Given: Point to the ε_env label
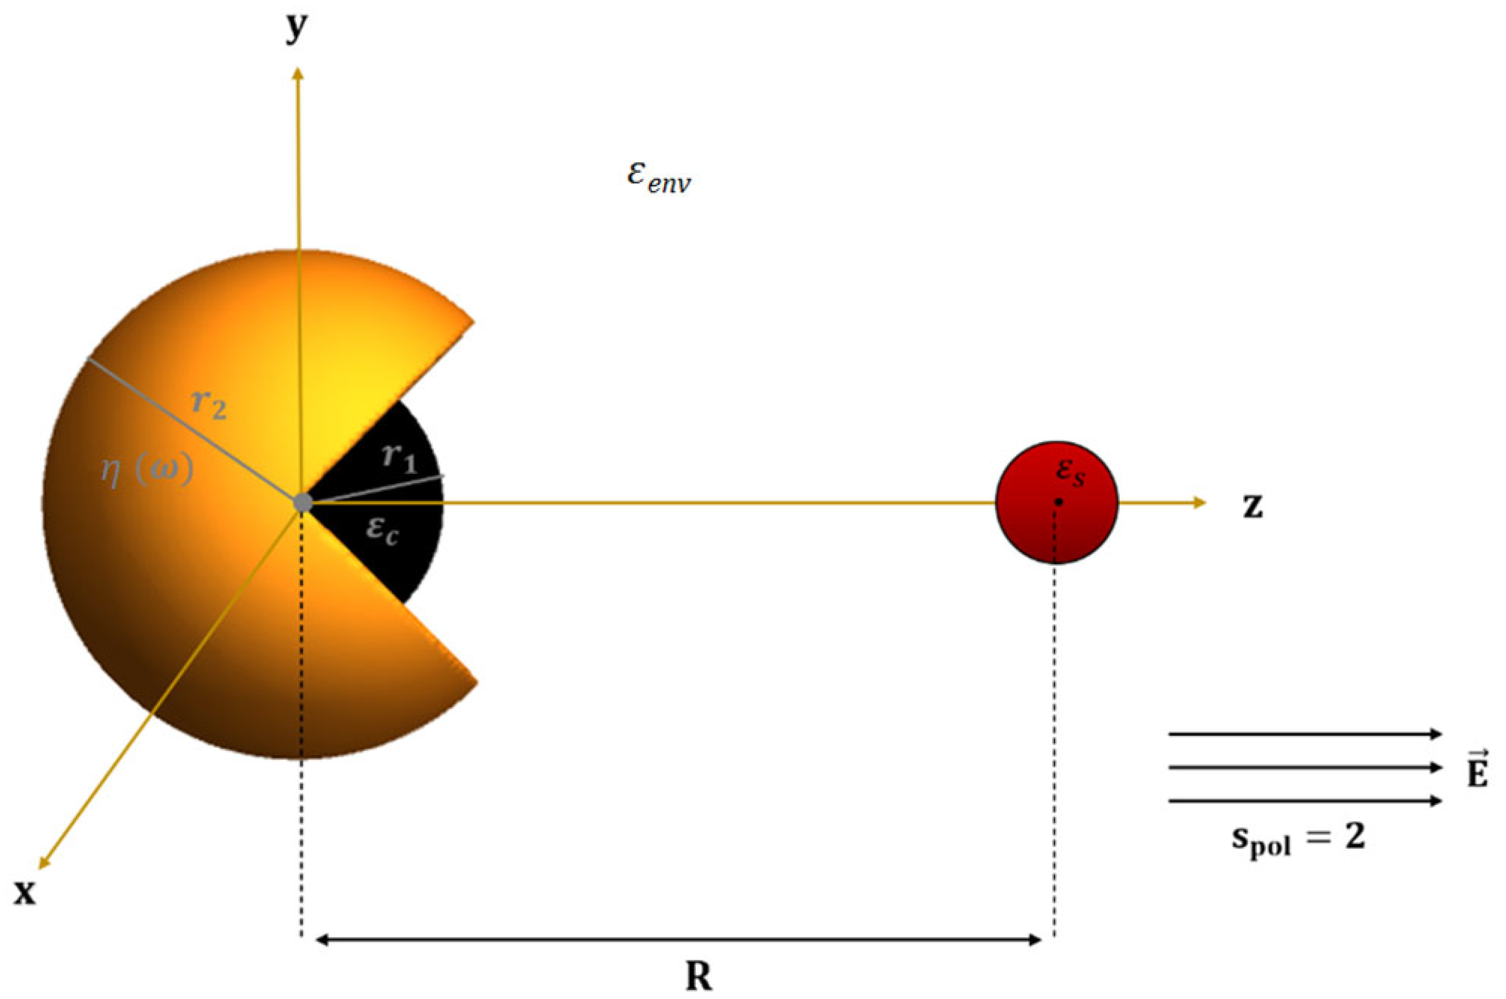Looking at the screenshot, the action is point(658,178).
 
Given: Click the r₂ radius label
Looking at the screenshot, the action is point(209,405).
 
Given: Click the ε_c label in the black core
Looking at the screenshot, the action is point(383,530).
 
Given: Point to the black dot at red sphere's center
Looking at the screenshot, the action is point(1058,502).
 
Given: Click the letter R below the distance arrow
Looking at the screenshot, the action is point(698,976).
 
